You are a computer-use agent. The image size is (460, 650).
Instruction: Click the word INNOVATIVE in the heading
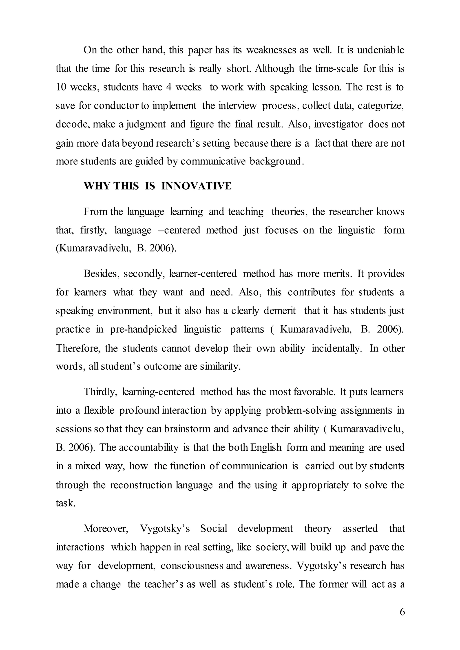[196, 186]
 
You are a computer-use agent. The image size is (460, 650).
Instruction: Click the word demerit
[279, 311]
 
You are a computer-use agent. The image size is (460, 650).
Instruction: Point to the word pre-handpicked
[143, 329]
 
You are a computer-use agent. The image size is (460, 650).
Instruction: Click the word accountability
[148, 448]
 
